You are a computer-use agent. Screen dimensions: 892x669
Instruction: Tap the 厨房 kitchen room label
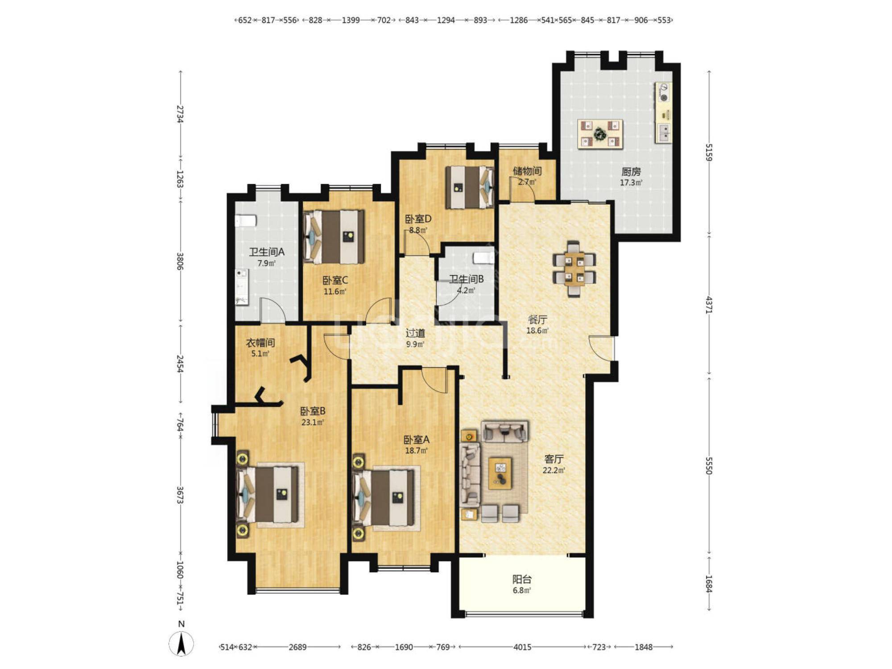(631, 172)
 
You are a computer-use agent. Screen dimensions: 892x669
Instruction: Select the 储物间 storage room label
(527, 171)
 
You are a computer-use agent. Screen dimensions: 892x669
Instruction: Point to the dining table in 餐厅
(574, 269)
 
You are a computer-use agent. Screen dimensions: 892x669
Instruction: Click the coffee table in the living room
(500, 473)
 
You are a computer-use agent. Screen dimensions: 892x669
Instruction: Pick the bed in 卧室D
(470, 187)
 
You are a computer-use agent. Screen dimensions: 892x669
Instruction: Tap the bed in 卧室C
(334, 236)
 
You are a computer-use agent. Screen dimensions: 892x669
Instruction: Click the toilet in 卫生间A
(246, 221)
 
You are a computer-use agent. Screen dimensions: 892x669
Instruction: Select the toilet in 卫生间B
(483, 258)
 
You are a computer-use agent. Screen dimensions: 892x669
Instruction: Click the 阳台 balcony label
(522, 579)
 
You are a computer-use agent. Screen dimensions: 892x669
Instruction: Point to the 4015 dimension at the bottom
(522, 647)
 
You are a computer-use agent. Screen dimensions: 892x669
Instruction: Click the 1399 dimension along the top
(351, 20)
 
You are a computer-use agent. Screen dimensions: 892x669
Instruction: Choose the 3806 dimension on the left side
(180, 261)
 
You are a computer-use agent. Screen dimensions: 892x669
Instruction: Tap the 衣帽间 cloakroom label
(260, 343)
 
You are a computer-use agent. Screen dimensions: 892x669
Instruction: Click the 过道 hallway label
(415, 333)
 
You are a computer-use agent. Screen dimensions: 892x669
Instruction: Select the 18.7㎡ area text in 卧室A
(416, 450)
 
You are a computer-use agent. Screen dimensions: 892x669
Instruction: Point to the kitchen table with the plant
(600, 133)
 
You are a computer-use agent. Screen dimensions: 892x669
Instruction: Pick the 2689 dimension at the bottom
(297, 647)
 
